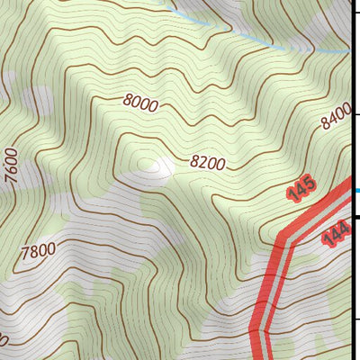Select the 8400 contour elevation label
(334, 116)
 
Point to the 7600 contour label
(12, 166)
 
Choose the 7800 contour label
(39, 249)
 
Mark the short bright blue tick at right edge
(357, 190)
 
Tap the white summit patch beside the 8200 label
(162, 166)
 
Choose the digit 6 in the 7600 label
(12, 165)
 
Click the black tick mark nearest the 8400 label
(356, 115)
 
